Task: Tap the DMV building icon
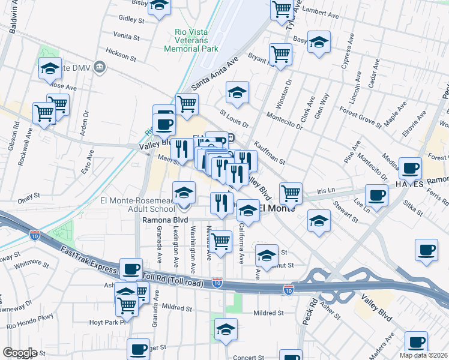coord(100,68)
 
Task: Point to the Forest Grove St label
coord(360,116)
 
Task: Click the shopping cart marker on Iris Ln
coord(291,193)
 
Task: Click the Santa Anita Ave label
coord(215,73)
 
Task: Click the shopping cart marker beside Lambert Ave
coord(281,9)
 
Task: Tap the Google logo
coord(20,352)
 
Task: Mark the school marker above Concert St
coord(226,329)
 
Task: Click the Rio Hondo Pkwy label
coord(26,326)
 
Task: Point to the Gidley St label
coord(132,20)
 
